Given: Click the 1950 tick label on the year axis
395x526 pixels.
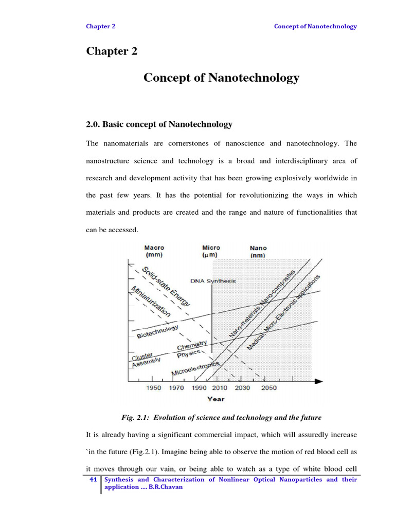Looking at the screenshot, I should (154, 388).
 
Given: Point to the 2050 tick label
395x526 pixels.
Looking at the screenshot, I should (268, 388).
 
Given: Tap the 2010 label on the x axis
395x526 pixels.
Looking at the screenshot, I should (219, 388).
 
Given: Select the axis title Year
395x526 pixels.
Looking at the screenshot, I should (216, 399).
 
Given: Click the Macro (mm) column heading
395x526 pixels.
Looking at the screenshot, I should (154, 251).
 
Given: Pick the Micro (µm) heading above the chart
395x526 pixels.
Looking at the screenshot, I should (211, 251).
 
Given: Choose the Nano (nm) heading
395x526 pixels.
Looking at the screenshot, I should (258, 251).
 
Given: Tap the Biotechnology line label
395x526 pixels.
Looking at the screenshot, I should (157, 331).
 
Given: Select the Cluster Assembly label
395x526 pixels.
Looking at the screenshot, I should (146, 359).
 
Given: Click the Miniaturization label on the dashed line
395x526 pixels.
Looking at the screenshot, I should (151, 300).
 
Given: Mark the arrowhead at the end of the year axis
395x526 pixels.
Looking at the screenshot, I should (318, 381).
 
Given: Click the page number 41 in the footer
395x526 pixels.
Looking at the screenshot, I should (93, 479).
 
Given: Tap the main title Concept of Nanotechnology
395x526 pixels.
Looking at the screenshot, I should (221, 78).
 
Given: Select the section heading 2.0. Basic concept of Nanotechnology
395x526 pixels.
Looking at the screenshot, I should (159, 124).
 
